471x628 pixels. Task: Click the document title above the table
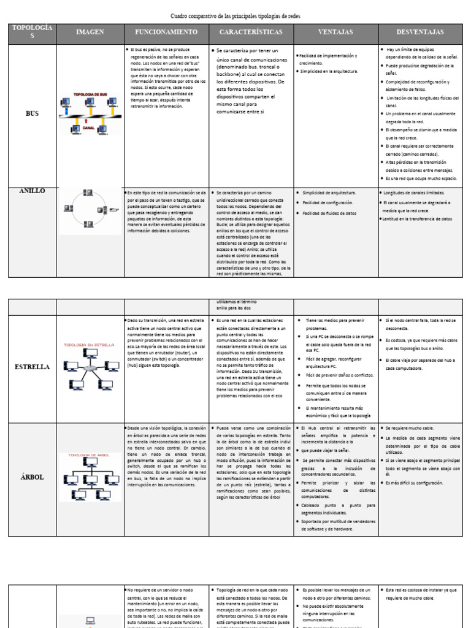click(235, 15)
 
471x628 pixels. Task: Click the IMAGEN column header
click(90, 32)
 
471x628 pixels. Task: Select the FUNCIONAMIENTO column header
click(166, 32)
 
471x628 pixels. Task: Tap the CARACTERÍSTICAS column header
click(251, 32)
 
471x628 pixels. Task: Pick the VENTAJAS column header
click(335, 32)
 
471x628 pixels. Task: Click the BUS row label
click(32, 114)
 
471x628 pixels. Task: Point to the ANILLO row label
click(32, 191)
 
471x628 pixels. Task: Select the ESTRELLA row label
click(32, 367)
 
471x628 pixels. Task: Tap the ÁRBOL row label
click(32, 477)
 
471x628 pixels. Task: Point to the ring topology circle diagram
click(90, 210)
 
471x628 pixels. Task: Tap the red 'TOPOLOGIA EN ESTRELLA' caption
click(90, 345)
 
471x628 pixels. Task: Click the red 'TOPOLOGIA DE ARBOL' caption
click(90, 455)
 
